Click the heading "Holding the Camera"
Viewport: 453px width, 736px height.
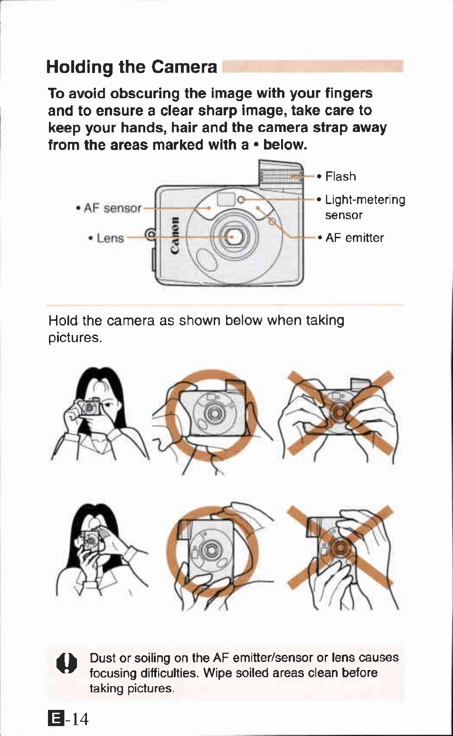coord(132,67)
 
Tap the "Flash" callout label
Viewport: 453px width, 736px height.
coord(340,177)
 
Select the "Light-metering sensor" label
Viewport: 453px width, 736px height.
coord(365,207)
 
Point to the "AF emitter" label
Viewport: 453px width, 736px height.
coord(354,238)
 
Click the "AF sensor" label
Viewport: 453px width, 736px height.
coord(113,208)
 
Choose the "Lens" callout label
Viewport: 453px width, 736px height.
coord(110,238)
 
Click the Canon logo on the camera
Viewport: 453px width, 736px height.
coord(176,235)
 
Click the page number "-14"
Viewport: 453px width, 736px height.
coord(77,719)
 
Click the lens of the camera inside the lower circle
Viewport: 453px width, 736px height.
coord(209,550)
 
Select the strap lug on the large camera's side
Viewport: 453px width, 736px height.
coord(151,234)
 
